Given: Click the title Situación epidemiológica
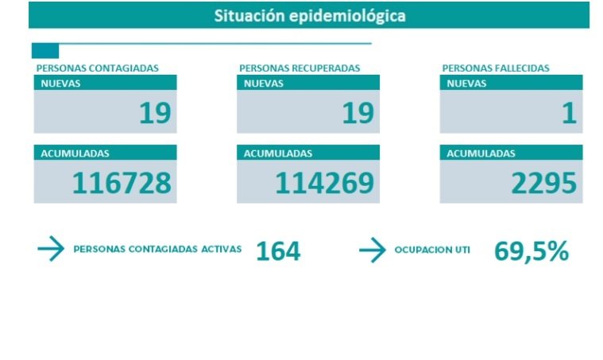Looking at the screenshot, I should [x=309, y=16].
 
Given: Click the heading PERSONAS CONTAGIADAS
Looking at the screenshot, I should [x=97, y=68].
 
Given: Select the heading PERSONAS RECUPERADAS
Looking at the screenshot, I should [x=300, y=68].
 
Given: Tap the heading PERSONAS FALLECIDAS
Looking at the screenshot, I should [x=496, y=68].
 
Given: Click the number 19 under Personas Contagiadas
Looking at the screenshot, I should [x=154, y=114].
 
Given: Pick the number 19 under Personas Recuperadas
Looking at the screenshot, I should [x=358, y=114].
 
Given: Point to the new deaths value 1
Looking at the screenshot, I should [x=568, y=114].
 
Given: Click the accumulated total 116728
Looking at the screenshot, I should [x=122, y=184].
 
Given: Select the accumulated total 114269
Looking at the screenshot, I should [x=324, y=184].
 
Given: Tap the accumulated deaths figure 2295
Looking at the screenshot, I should [x=543, y=184].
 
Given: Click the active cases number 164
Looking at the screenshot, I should [x=278, y=251].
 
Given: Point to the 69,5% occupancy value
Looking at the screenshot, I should [x=531, y=251].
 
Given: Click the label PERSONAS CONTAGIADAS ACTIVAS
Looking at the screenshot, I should [x=157, y=249].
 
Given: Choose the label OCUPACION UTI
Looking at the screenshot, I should [x=432, y=250].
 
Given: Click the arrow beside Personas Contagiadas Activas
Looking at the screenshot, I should [x=51, y=250].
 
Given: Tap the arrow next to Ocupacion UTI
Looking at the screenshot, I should [x=372, y=250].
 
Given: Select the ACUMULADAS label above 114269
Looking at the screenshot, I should [x=278, y=153].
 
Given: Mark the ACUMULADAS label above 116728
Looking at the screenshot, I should [x=75, y=153].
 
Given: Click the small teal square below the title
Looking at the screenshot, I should [x=44, y=51].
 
